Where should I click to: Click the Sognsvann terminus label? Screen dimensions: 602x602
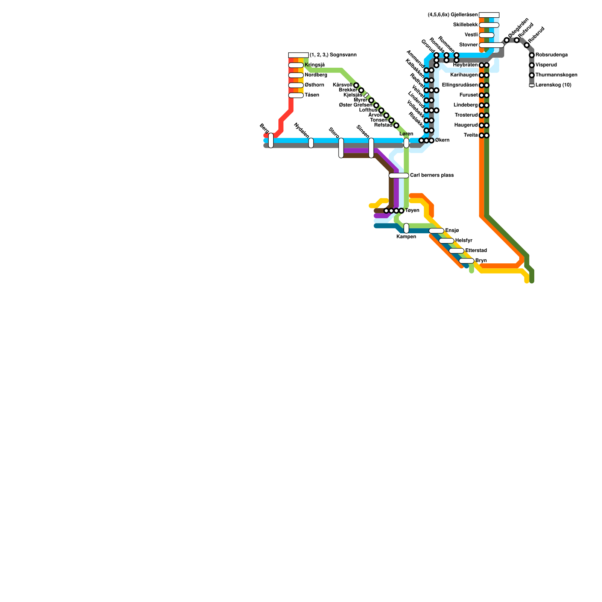(x=333, y=55)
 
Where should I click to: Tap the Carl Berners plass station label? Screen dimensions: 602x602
(x=432, y=175)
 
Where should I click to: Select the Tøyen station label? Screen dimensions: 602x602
(x=412, y=211)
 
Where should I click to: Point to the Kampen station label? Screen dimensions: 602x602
(x=406, y=237)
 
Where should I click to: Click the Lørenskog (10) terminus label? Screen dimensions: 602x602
(x=553, y=85)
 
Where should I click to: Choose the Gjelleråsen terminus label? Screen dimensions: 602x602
(x=453, y=15)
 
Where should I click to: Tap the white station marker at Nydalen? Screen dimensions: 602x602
(x=311, y=143)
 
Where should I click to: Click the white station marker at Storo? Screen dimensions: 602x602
(x=341, y=148)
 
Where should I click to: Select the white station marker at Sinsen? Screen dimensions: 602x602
(x=371, y=148)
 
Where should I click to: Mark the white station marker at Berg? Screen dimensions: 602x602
(x=271, y=140)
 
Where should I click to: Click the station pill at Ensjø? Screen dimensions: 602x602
(x=436, y=231)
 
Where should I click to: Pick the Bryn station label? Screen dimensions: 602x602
(x=481, y=260)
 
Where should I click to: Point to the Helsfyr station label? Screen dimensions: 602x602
(x=463, y=240)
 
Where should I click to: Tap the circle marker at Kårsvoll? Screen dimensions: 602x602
(x=356, y=85)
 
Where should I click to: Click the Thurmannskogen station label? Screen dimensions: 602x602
(x=556, y=75)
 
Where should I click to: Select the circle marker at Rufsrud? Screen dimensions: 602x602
(x=517, y=40)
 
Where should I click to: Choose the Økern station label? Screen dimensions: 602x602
(x=442, y=140)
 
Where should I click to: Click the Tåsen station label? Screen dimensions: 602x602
(x=312, y=95)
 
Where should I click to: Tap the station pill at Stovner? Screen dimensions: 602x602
(x=491, y=45)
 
